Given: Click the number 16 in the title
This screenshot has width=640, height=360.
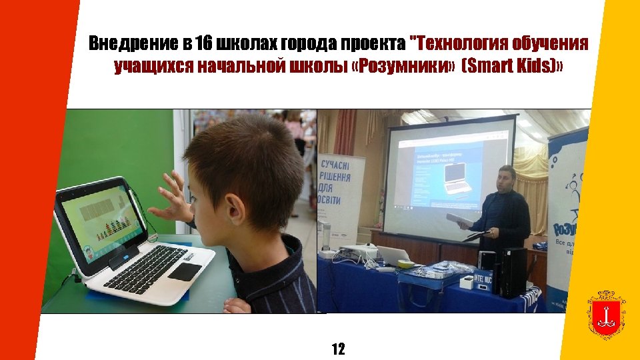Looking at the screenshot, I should point(204,44).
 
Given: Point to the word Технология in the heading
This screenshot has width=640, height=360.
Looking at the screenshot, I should point(459,44).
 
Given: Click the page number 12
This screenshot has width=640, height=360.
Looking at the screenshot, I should point(338,349).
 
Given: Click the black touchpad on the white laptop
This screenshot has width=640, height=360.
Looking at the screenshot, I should point(185,271).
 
